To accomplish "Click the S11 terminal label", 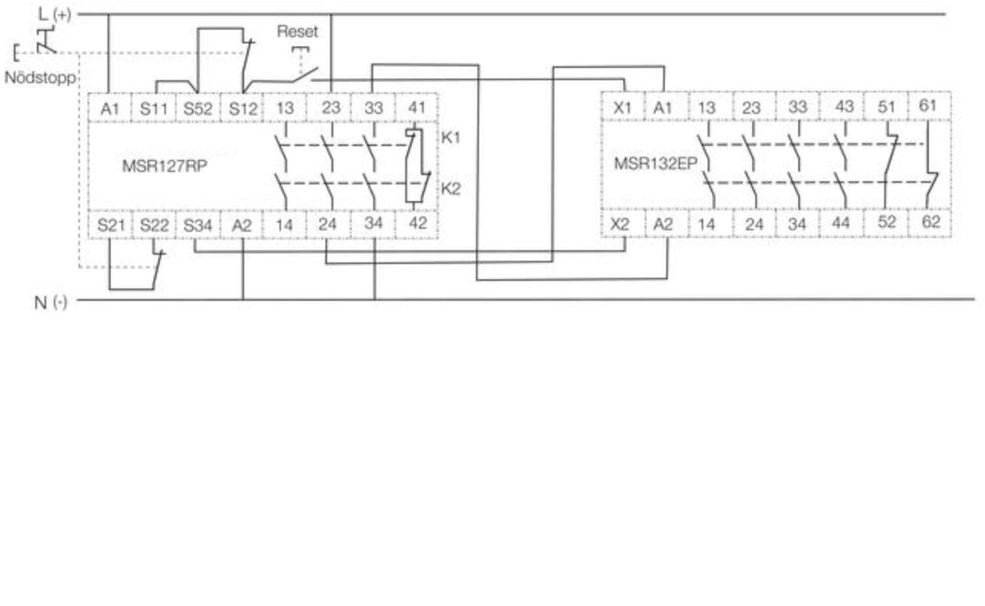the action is coord(154,108).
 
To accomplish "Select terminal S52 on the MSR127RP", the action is coord(198,108).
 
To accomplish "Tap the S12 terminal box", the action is coord(243,108).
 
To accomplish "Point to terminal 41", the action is coord(416,108).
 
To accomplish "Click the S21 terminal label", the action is coord(111,226).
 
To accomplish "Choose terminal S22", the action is coord(154,226).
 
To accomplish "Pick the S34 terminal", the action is coord(198,226).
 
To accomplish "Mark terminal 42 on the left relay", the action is coord(417,223).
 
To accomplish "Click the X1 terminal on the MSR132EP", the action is coord(622,108).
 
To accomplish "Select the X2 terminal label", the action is coord(620,225).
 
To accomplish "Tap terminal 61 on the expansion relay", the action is coord(927,106).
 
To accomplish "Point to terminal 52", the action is coord(886,222).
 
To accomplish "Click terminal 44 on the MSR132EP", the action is coord(841,223).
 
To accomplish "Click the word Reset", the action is coord(297,32).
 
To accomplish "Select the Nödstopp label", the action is coord(40,78).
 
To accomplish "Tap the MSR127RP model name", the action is coord(164,166).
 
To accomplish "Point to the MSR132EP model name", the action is coord(655,164).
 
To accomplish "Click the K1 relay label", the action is coord(450,138).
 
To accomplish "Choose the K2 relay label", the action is coord(450,188).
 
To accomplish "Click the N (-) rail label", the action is coord(51,303).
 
